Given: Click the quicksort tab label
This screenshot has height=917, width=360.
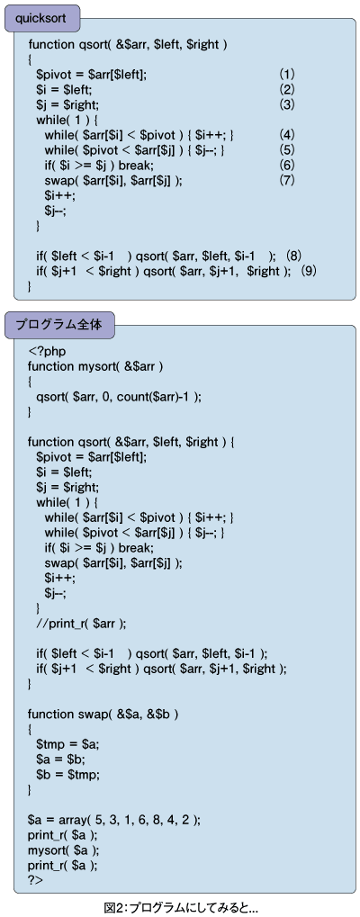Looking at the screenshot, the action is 40,18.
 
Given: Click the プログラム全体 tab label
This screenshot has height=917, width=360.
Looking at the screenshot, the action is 58,325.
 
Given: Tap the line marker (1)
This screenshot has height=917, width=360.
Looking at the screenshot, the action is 286,75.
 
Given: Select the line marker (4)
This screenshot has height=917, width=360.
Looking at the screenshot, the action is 286,135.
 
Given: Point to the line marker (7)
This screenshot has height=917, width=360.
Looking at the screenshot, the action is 286,180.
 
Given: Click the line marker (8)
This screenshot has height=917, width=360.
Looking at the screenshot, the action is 294,256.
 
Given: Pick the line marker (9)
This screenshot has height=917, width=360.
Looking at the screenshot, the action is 308,271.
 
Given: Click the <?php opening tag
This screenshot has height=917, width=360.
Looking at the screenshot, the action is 47,352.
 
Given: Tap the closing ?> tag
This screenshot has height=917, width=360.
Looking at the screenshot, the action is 35,880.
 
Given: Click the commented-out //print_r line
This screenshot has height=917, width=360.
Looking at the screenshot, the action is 81,624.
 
